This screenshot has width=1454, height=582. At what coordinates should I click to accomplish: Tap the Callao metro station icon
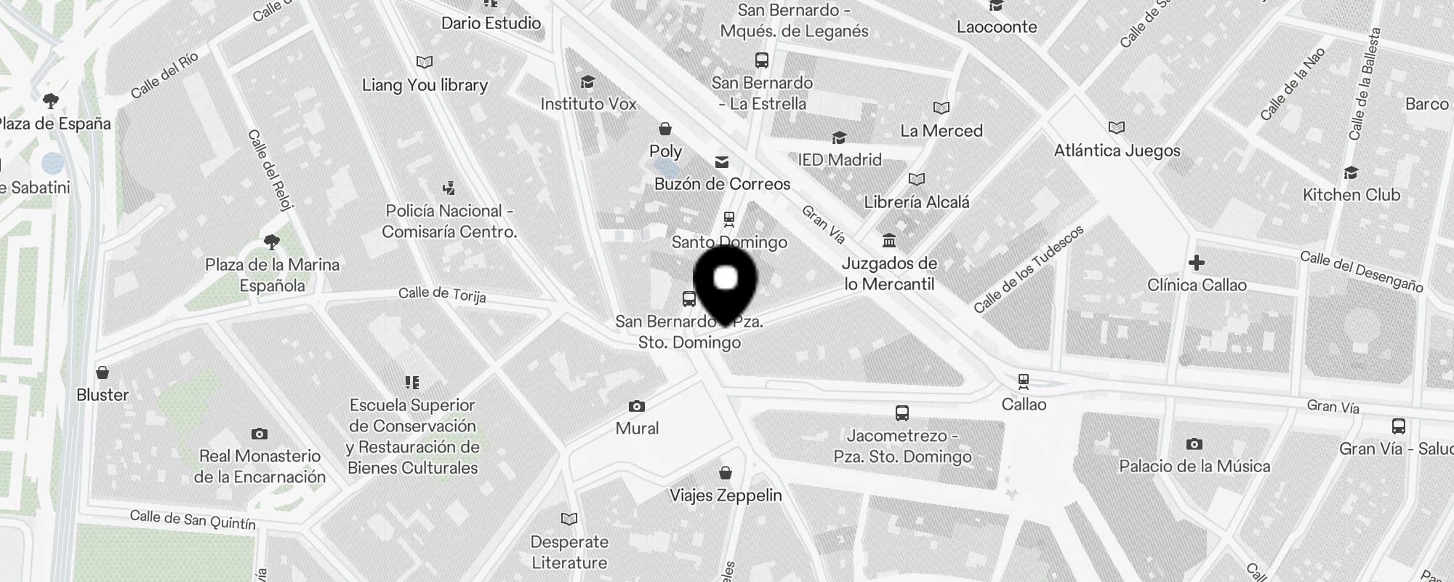[1024, 380]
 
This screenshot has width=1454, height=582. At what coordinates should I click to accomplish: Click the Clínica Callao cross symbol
[1197, 262]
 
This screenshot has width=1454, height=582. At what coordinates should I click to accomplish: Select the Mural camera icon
[637, 406]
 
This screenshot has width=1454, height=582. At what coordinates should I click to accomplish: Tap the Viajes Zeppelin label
[726, 495]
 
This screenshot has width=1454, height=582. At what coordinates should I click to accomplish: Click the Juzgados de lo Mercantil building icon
[889, 240]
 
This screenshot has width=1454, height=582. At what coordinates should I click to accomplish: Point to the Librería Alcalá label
[916, 202]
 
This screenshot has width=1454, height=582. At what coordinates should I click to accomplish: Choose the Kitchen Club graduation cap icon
[1351, 172]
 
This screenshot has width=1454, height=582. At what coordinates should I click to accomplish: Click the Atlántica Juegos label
[1117, 151]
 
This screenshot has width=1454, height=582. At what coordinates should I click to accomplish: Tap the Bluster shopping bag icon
[103, 372]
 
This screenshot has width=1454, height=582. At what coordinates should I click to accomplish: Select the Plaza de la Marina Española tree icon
[272, 242]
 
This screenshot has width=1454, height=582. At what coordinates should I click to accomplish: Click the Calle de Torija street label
[442, 294]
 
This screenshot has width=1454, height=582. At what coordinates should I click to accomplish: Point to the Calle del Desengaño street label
[1361, 271]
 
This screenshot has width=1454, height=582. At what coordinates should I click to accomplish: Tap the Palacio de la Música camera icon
[1194, 444]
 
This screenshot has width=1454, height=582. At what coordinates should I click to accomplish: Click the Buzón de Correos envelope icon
[722, 162]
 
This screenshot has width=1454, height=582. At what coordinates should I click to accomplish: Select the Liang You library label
[425, 85]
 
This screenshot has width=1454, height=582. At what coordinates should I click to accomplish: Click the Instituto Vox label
[588, 104]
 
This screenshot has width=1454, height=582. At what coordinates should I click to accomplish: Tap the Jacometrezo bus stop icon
[902, 413]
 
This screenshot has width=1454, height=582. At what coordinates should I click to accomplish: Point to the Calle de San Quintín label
[193, 519]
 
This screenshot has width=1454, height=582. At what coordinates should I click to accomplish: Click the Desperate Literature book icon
[569, 519]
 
